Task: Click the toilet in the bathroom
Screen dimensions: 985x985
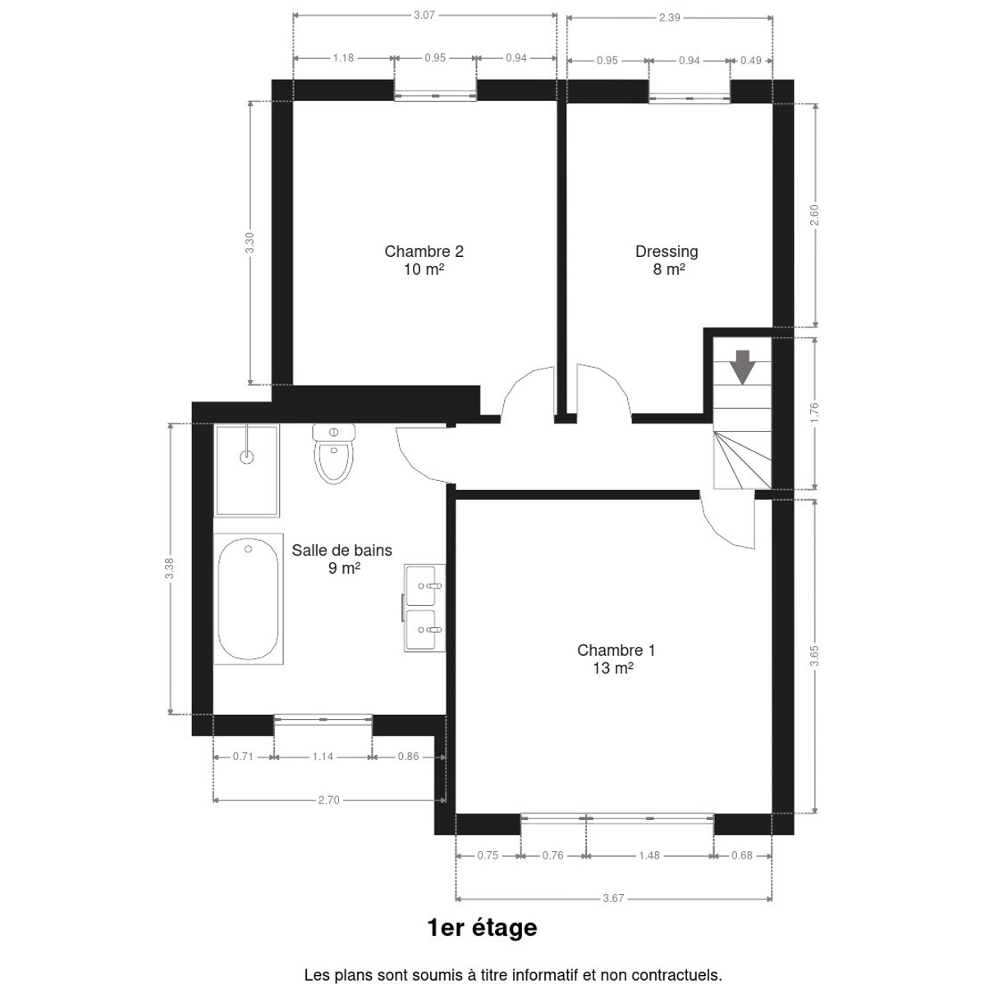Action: [x=334, y=453]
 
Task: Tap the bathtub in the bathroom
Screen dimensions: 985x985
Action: [x=249, y=598]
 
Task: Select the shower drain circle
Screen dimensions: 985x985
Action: [x=247, y=456]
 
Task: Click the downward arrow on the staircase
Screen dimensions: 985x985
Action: [x=742, y=366]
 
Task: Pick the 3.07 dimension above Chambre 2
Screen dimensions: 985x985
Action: [x=424, y=16]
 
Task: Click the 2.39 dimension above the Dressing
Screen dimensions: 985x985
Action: [x=670, y=18]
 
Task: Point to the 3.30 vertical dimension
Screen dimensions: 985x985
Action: [x=250, y=243]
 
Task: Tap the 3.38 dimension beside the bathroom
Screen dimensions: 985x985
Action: [x=170, y=568]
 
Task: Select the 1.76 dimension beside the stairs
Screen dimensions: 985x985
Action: [x=815, y=413]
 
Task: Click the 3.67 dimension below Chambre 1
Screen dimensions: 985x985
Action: [x=613, y=898]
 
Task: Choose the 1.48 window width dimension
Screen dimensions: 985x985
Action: [x=649, y=855]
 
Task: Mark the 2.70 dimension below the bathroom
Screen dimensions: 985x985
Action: [x=328, y=800]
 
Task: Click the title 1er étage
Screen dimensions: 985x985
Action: [x=483, y=928]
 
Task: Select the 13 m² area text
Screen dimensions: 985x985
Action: [x=613, y=668]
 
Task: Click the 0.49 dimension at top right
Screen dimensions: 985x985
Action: [x=751, y=60]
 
